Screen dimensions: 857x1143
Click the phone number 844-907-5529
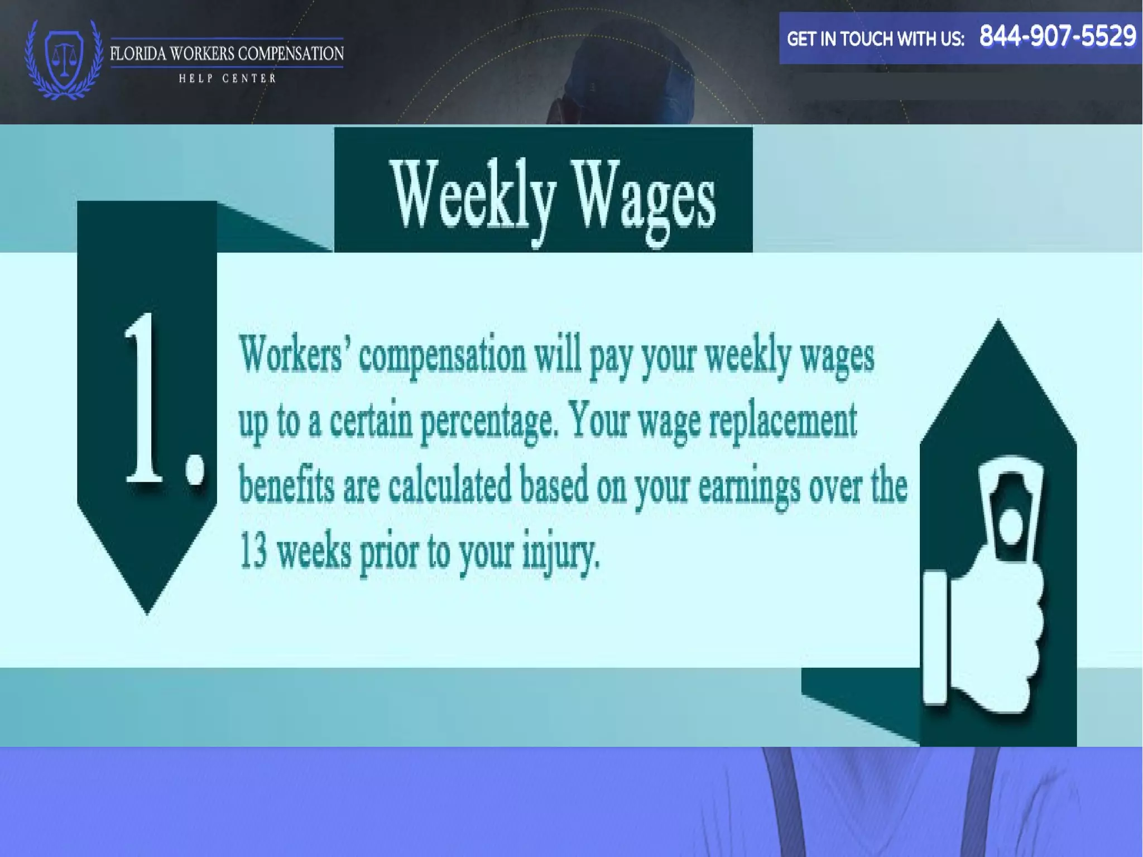click(1057, 36)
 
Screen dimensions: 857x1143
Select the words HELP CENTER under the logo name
click(227, 79)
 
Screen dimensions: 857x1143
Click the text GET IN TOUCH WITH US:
click(875, 39)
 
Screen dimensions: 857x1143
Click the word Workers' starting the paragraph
click(291, 354)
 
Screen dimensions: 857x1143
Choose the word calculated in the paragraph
click(450, 485)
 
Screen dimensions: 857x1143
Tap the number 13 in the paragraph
click(253, 550)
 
